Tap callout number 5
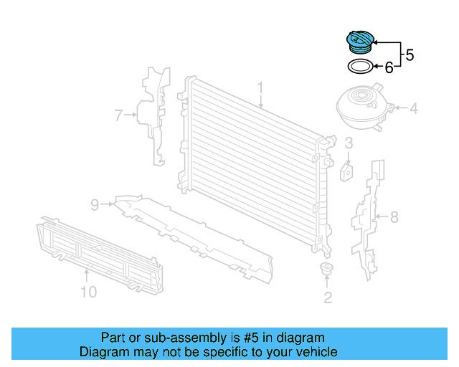point(410,54)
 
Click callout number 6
point(389,68)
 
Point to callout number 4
point(413,110)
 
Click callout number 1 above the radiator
point(261,89)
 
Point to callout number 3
point(348,143)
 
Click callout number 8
point(393,216)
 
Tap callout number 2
point(328,297)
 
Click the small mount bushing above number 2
point(327,270)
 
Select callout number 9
point(94,205)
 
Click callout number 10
point(87,292)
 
